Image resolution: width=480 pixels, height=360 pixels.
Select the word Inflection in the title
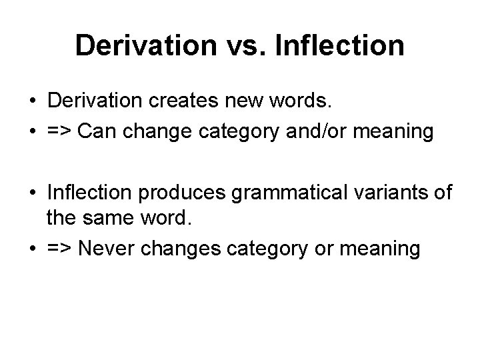[x=338, y=45]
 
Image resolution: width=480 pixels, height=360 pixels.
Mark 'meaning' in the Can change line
[x=397, y=131]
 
